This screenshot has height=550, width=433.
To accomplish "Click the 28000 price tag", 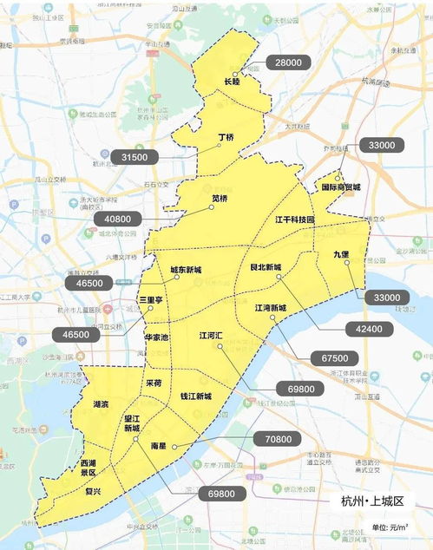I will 288,63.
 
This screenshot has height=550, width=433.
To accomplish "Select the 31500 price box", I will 134,157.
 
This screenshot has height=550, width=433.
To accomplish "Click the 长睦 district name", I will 232,82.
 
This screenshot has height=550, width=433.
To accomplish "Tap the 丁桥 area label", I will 226,137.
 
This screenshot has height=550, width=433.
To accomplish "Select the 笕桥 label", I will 220,199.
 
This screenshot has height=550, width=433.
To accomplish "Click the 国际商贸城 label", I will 340,187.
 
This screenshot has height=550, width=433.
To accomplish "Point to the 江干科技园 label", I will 295,220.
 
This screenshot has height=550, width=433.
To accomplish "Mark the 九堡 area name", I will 341,254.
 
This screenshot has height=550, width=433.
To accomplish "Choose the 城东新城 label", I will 186,269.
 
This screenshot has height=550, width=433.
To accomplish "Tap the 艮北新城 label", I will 266,267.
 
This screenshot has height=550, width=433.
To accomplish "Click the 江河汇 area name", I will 212,335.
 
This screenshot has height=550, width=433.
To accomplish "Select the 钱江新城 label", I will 195,396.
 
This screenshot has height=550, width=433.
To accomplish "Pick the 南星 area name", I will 158,445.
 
